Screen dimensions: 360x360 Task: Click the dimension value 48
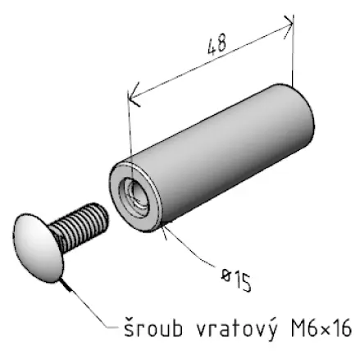(217, 44)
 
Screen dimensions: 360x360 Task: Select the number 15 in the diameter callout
(242, 281)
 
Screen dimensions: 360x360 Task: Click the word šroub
(153, 327)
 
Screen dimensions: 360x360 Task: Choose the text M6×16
(321, 328)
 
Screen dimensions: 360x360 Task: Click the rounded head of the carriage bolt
(39, 248)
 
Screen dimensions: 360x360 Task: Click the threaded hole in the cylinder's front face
(134, 196)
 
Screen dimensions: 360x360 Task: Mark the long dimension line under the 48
(211, 61)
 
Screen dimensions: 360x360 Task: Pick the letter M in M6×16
(298, 328)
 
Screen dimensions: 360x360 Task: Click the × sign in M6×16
(326, 330)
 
